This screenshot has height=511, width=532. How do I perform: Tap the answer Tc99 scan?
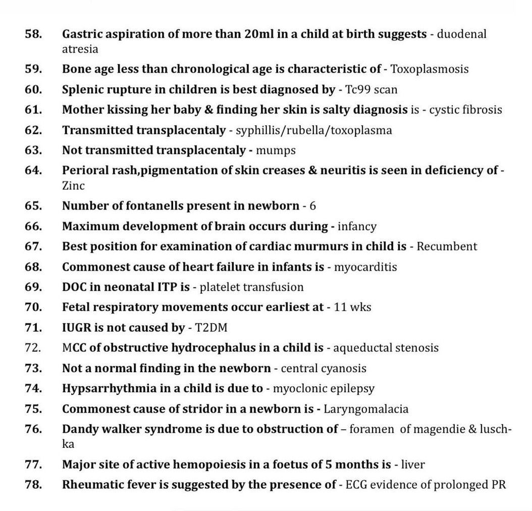[x=371, y=90]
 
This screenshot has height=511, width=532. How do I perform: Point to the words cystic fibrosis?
[x=465, y=110]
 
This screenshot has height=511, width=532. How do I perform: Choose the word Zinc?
[x=73, y=186]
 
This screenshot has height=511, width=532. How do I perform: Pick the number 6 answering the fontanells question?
[x=313, y=206]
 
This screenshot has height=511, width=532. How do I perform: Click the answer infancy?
[x=356, y=226]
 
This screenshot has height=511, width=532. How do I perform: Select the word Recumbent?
[x=447, y=246]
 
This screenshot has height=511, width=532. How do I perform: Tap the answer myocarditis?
[x=365, y=267]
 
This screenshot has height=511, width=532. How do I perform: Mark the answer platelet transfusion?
[x=252, y=287]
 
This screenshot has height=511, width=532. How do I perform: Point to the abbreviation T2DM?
[x=211, y=328]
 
